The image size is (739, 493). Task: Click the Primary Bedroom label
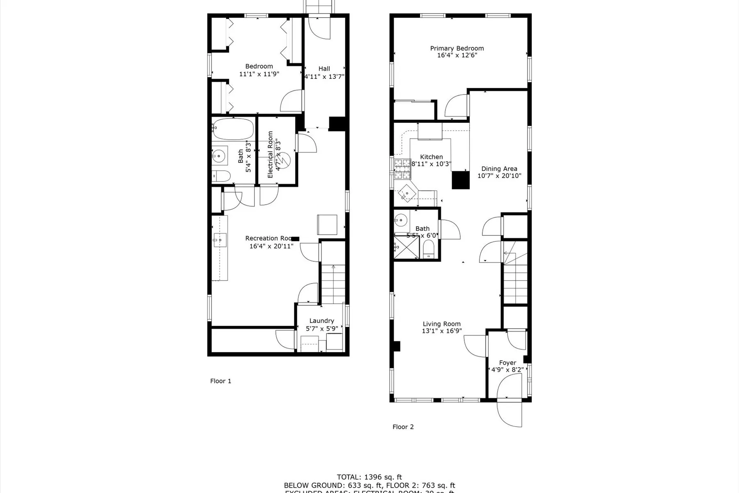pos(457,48)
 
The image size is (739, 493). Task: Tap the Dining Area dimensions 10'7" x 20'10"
pos(499,176)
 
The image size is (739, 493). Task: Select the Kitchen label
pos(431,157)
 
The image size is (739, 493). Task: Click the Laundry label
pos(321,321)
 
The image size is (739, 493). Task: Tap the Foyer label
pos(507,363)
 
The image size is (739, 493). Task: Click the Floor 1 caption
pos(220,381)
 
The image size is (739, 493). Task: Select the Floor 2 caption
pos(403,427)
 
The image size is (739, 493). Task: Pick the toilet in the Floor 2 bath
pos(429,249)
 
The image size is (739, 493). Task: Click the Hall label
pos(324,69)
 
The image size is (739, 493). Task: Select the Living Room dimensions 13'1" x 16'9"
pos(442,331)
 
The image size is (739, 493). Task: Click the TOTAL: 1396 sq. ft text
pos(369,477)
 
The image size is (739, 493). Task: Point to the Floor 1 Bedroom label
pos(259,66)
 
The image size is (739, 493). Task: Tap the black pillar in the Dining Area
pos(460,180)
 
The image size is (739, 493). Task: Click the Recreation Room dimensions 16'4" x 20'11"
pos(271,246)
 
